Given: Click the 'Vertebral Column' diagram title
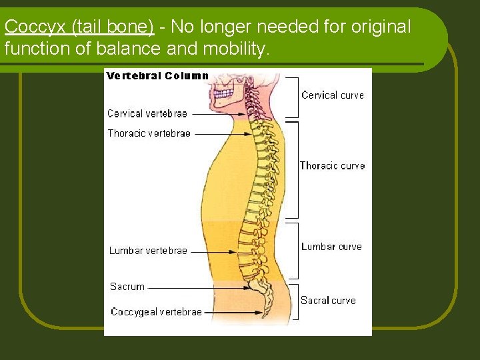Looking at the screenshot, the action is [157, 76].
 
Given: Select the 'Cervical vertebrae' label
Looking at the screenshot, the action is [147, 114].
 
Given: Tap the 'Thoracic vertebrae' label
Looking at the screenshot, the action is [149, 133].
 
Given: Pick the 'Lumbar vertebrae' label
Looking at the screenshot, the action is [148, 251].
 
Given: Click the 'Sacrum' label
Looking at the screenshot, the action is [127, 287].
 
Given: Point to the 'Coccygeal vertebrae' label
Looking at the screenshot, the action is [156, 311].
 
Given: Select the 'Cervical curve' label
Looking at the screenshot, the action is [333, 95].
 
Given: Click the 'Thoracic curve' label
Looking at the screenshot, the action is [332, 166].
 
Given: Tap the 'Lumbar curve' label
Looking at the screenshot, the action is [331, 247].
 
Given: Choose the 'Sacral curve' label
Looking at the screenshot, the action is [328, 301].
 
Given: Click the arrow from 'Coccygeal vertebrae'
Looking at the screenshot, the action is [233, 311].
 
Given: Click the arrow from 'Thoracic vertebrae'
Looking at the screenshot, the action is [223, 134].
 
